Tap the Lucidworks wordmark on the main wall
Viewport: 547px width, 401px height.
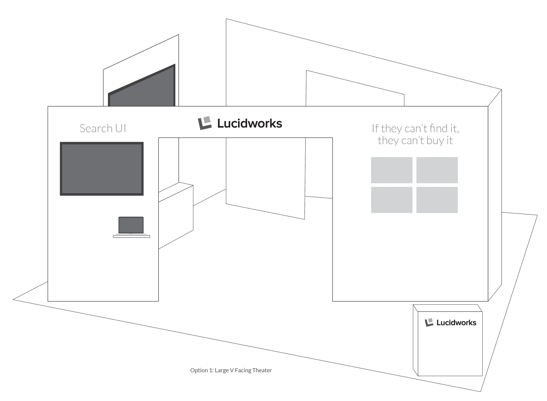click(250, 124)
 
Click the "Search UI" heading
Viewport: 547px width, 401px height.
click(103, 128)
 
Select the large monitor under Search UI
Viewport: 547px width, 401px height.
click(102, 169)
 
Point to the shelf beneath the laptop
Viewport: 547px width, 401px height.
click(131, 237)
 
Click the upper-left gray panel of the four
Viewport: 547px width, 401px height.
click(392, 170)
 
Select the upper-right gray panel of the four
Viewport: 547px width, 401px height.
click(437, 170)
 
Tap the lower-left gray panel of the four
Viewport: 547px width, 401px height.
click(392, 200)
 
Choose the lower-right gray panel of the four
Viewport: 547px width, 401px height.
click(437, 200)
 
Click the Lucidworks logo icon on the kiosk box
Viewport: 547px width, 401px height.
click(429, 322)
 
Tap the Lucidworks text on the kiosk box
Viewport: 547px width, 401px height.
click(456, 323)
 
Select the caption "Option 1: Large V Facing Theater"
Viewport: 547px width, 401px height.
click(231, 370)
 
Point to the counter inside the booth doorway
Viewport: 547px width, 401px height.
click(176, 214)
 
